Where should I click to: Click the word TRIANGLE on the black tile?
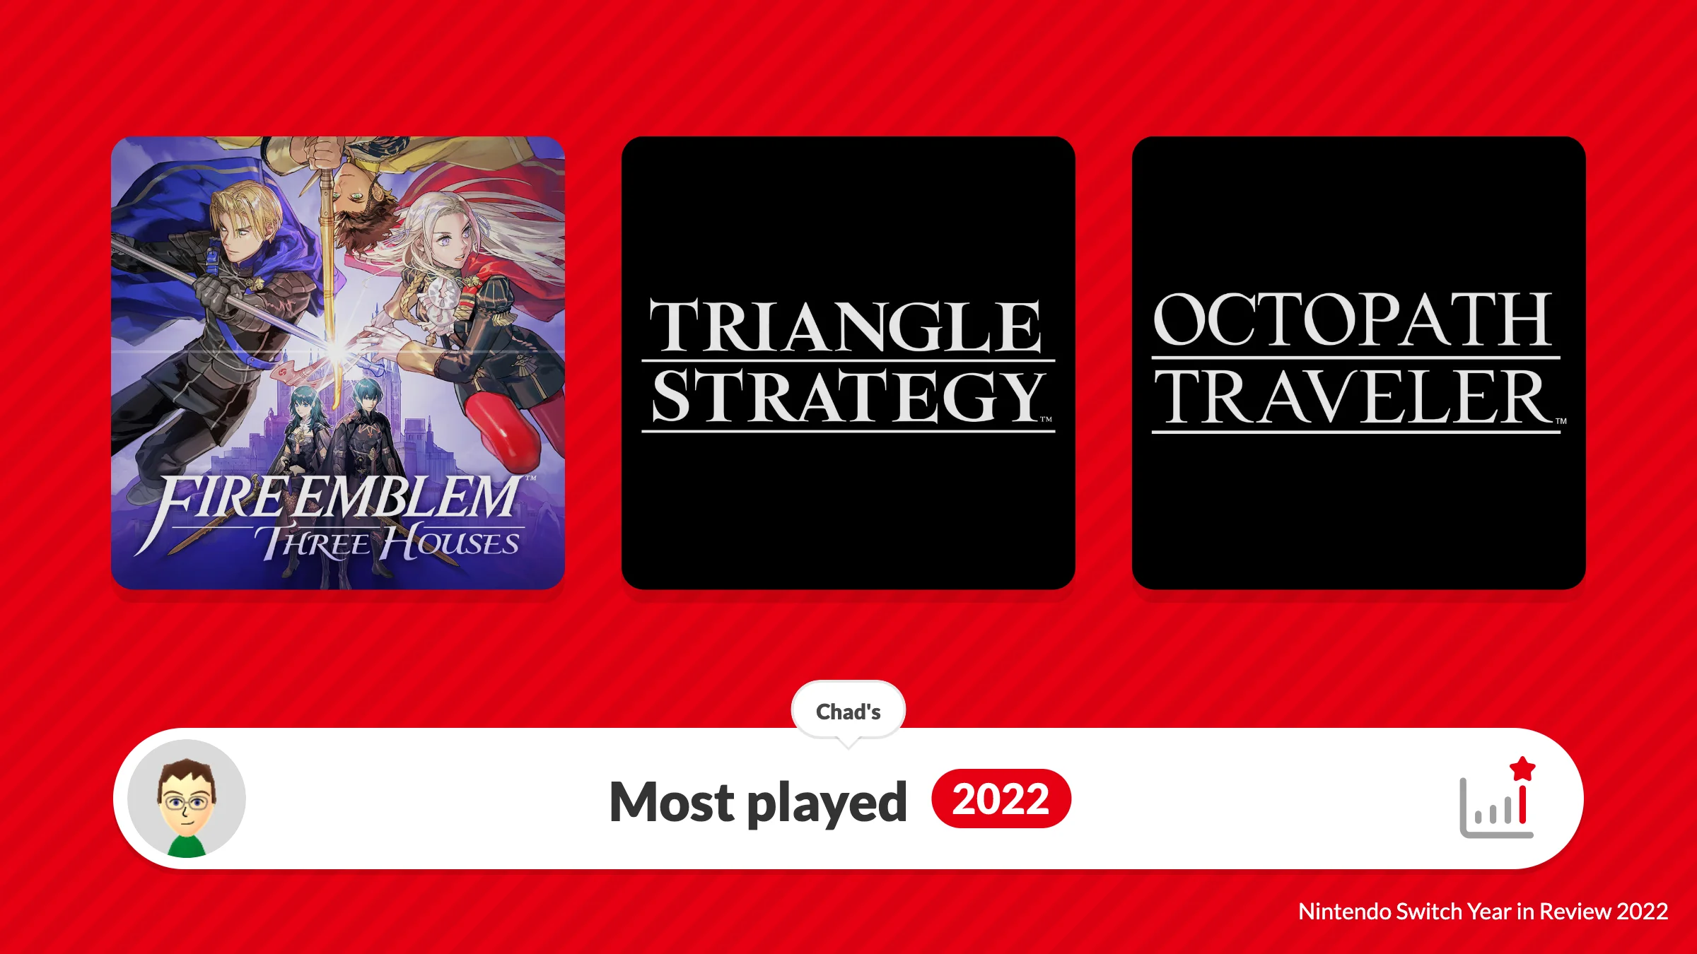pos(846,326)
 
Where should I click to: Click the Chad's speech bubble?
pos(848,712)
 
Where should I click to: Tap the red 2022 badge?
pos(1001,799)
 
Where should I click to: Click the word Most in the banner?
pos(671,802)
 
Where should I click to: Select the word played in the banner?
pos(827,803)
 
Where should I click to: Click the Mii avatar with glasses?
pos(187,799)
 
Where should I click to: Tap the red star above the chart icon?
pos(1522,768)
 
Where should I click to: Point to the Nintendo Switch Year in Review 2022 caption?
pos(1483,912)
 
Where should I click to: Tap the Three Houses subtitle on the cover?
pos(390,543)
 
